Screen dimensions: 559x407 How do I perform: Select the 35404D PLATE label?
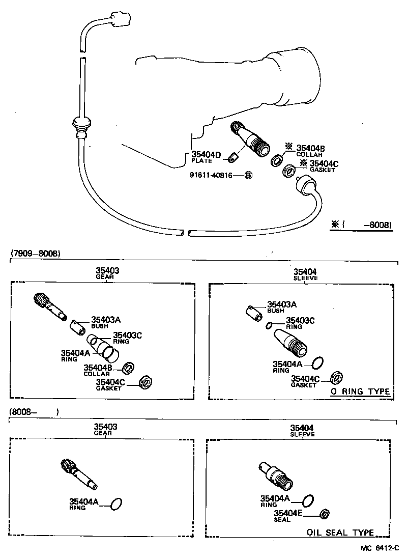[x=207, y=157]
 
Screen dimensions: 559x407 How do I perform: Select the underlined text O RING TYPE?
[x=360, y=392]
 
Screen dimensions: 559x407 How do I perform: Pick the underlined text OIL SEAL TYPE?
[x=340, y=533]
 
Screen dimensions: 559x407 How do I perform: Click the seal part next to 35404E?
[x=325, y=514]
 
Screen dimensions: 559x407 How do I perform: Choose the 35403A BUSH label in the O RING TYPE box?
[x=281, y=306]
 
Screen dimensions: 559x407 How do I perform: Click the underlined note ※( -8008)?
[x=361, y=224]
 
